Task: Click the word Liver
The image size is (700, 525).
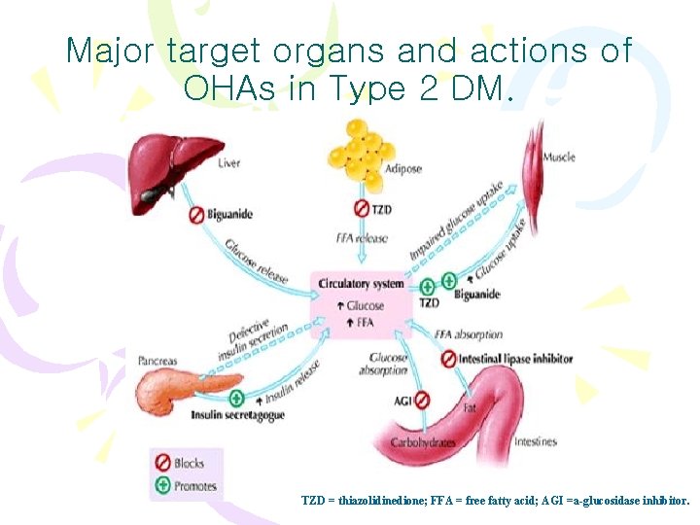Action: point(229,163)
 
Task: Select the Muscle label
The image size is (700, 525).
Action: point(558,157)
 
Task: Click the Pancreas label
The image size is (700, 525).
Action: point(157,361)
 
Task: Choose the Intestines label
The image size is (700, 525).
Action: point(536,441)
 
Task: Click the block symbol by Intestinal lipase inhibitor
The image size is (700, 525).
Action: point(448,359)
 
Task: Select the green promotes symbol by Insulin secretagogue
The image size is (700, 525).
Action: point(237,398)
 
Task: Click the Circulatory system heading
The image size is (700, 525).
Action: point(361,284)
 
